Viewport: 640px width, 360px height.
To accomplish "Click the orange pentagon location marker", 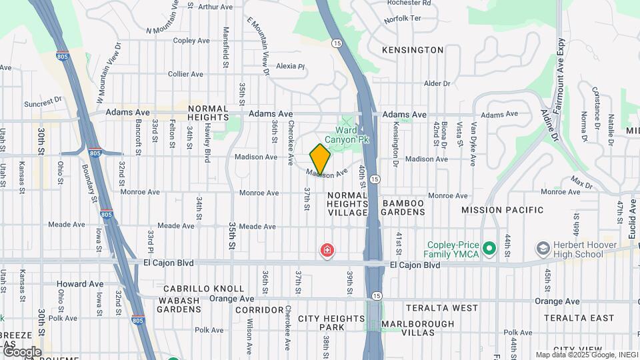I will click(x=320, y=159).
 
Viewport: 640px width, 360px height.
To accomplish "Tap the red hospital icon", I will click(x=327, y=251).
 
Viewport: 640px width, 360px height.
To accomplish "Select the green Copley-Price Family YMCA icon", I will click(x=491, y=249).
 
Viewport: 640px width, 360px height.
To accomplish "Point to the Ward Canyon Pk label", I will click(x=351, y=135).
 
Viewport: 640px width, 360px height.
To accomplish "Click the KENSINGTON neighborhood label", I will click(x=413, y=50).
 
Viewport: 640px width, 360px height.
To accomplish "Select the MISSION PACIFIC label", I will click(x=503, y=209).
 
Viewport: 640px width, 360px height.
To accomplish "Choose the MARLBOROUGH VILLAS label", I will click(x=417, y=324).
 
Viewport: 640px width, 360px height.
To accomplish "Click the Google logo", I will click(x=22, y=351).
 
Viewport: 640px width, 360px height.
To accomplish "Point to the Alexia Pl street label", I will click(x=290, y=66).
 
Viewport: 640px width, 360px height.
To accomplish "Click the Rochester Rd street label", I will click(x=409, y=3).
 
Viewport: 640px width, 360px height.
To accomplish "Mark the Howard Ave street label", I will click(x=80, y=284).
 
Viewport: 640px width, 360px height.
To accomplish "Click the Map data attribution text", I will click(x=586, y=355).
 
